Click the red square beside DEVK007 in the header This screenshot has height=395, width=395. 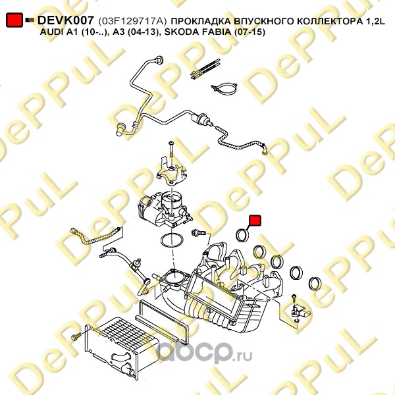pyautogui.click(x=14, y=20)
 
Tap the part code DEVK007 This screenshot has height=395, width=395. pyautogui.click(x=66, y=20)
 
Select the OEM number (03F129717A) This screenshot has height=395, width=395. pyautogui.click(x=132, y=22)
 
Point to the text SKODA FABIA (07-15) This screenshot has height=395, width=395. pyautogui.click(x=215, y=32)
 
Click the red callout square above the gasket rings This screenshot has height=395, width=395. pyautogui.click(x=255, y=221)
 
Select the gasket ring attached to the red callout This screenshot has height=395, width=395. pyautogui.click(x=243, y=234)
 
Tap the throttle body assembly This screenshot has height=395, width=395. pyautogui.click(x=163, y=209)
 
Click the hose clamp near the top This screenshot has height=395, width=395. pyautogui.click(x=224, y=88)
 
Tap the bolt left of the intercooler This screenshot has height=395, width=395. pyautogui.click(x=76, y=336)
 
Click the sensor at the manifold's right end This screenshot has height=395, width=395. pyautogui.click(x=300, y=311)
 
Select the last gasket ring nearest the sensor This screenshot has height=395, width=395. pyautogui.click(x=315, y=284)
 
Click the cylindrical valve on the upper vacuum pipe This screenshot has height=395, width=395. pyautogui.click(x=201, y=118)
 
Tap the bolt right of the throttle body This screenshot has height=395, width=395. pyautogui.click(x=199, y=232)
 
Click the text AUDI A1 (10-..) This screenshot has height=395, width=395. pyautogui.click(x=74, y=32)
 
